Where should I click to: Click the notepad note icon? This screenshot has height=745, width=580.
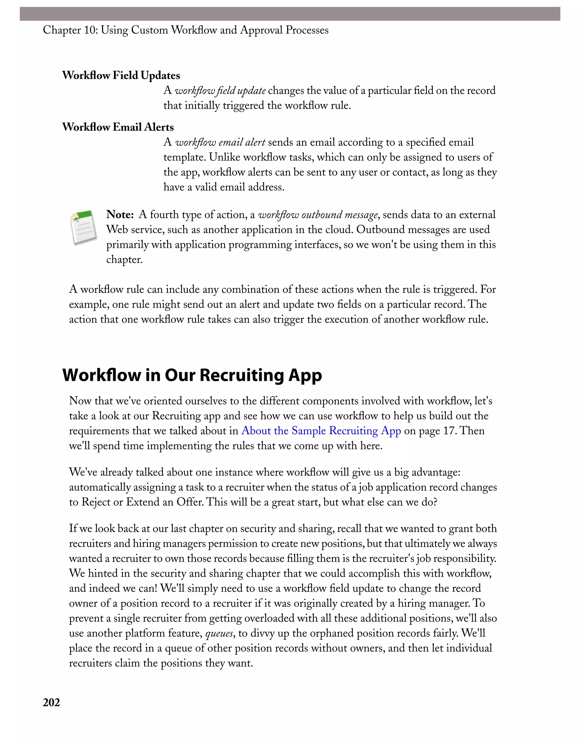point(84,227)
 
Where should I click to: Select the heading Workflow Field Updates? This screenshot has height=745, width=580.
point(121,75)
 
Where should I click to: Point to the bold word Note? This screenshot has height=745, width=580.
point(120,214)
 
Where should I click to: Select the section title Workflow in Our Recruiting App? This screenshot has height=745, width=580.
point(192,375)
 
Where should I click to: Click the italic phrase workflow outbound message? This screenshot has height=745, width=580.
point(318,214)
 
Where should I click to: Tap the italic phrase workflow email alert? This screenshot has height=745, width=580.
point(220,142)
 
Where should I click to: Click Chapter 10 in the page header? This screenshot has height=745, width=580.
point(70,30)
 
